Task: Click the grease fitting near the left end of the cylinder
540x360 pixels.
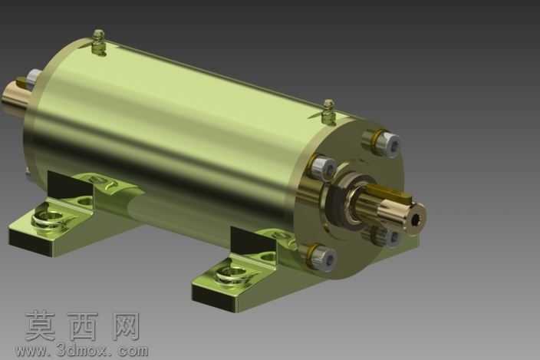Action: [x=99, y=43]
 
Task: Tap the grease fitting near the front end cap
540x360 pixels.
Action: [x=329, y=111]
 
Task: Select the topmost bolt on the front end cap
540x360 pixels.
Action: [x=381, y=143]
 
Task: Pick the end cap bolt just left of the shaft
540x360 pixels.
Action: [x=322, y=167]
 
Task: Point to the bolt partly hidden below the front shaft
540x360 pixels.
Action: [x=386, y=236]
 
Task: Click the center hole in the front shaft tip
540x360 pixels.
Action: [x=416, y=218]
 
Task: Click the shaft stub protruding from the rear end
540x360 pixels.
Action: [x=15, y=93]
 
